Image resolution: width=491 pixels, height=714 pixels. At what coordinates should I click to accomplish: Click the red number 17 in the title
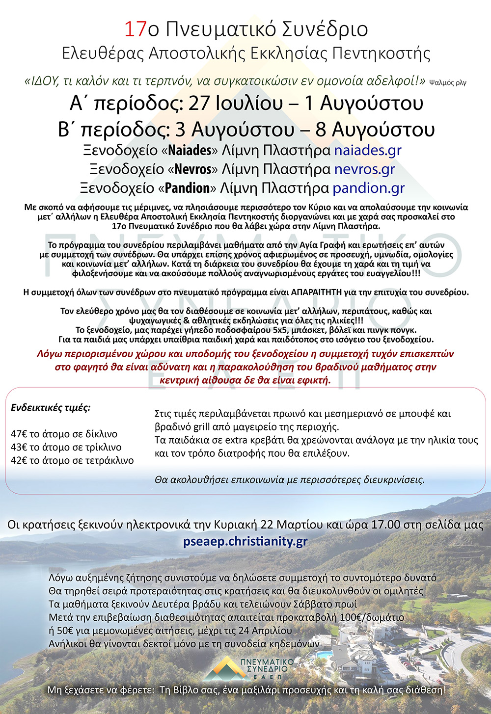click(136, 29)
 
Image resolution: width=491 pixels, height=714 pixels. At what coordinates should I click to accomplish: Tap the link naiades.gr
click(368, 150)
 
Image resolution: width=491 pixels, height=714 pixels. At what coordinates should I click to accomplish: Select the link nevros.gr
click(364, 169)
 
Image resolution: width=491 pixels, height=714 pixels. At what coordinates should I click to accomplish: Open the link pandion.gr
click(369, 188)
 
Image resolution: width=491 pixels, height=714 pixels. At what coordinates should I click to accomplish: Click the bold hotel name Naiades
click(190, 150)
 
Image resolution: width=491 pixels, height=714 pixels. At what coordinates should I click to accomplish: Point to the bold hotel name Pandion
click(187, 188)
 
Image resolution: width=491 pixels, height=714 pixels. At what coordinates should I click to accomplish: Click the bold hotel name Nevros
click(193, 169)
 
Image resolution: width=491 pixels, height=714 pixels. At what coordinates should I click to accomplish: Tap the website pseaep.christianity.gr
click(245, 541)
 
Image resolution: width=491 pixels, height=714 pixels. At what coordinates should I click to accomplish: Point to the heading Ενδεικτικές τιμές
click(51, 407)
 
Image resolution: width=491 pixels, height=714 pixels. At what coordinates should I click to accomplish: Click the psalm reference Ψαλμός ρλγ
click(447, 82)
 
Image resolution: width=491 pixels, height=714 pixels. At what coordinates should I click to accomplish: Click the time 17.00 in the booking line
click(385, 525)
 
